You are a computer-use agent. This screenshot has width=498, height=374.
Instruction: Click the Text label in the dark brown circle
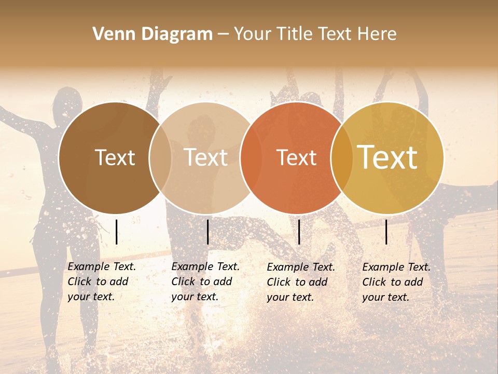(115, 157)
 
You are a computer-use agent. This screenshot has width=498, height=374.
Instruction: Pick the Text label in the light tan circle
(206, 157)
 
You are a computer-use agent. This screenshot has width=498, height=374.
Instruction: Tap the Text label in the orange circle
(296, 157)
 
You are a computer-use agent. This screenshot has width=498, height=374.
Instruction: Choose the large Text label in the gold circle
(388, 157)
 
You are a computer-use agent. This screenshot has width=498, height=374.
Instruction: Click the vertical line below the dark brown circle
(117, 232)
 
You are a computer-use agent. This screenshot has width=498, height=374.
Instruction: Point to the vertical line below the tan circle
(208, 232)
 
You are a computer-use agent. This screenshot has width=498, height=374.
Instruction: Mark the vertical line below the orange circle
(299, 232)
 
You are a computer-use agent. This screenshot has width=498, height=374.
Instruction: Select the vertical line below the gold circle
(386, 232)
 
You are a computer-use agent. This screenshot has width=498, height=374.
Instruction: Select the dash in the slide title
(223, 34)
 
